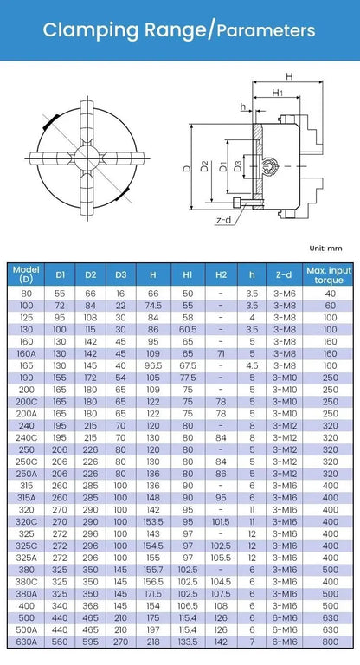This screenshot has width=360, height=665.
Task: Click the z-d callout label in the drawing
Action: point(222,220)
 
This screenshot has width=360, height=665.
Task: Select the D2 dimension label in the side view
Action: point(204,165)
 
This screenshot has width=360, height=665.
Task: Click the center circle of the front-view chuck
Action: point(86,158)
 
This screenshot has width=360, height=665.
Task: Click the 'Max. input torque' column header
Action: point(330,274)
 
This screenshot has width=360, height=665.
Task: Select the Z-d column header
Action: point(281,274)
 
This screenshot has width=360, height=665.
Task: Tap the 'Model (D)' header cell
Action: point(26,274)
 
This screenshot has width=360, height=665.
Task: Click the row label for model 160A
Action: point(26,353)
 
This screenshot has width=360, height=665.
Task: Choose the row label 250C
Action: point(26,462)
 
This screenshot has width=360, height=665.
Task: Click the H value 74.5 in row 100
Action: point(153,306)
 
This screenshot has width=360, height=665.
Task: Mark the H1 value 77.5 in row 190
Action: point(188,378)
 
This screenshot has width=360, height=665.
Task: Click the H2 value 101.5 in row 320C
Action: point(221,521)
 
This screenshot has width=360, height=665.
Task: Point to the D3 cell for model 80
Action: point(120,294)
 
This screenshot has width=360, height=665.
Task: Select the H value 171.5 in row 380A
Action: point(153,593)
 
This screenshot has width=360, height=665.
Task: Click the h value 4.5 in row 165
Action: point(252,365)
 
